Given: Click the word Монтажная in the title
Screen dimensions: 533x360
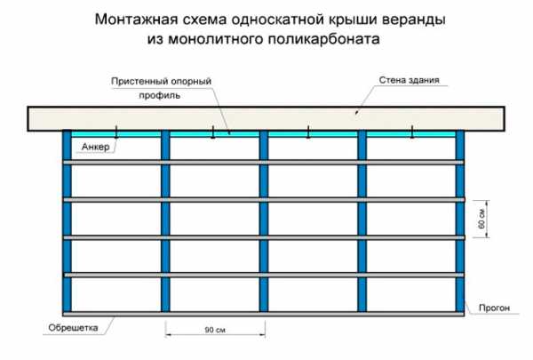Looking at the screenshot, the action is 136,20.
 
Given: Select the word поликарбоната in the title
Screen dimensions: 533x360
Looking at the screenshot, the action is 323,39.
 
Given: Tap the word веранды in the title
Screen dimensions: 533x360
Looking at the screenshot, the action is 414,20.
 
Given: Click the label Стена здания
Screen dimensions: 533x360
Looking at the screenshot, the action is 410,80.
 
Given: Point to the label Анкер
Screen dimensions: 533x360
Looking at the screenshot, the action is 96,147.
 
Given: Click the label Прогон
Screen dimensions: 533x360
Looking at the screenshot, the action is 494,308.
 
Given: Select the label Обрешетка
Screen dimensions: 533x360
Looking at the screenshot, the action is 73,328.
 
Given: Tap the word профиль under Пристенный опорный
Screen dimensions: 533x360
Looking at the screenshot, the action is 159,96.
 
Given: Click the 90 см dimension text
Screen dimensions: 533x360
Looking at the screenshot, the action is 215,330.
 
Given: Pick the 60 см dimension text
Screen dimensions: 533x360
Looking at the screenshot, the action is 481,219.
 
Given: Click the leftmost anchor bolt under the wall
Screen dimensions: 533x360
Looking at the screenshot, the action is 116,132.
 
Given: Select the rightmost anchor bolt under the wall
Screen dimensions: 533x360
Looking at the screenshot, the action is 412,132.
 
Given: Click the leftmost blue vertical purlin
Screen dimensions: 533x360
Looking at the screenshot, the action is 67,221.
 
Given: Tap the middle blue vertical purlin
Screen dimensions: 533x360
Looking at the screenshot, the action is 264,221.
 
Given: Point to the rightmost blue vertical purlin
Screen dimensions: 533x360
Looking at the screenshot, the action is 460,221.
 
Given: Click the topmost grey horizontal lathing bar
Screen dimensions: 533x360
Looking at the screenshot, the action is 264,163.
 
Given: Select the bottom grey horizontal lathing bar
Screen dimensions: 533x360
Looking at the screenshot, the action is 264,314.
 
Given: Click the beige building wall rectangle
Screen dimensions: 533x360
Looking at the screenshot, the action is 266,119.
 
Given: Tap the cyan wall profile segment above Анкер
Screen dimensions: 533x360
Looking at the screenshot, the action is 115,134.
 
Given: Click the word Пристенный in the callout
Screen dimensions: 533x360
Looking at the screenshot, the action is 139,81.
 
